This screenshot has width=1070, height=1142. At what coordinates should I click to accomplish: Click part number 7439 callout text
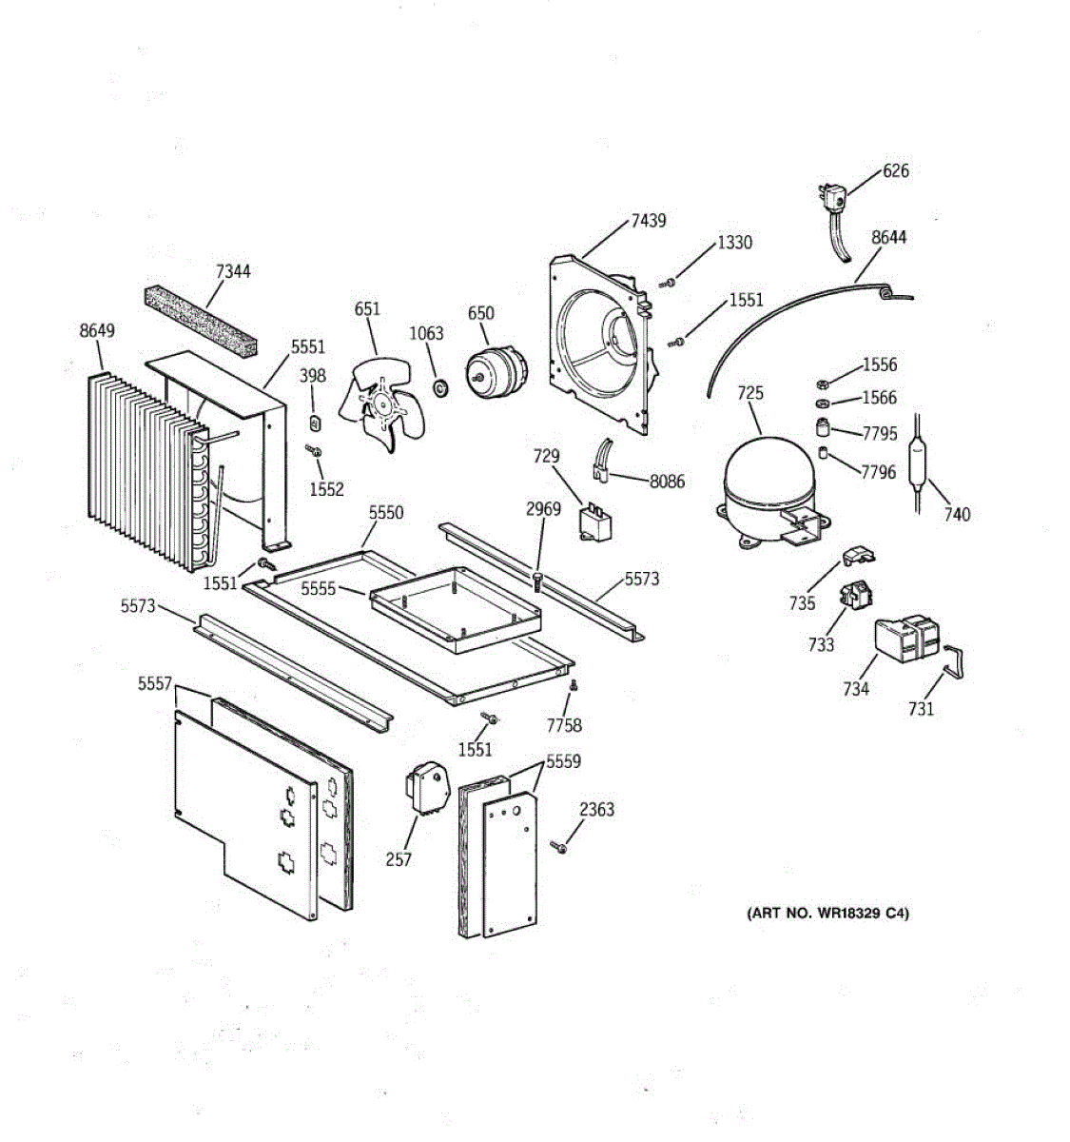point(648,221)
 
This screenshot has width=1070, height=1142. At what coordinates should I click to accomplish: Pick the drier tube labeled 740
point(919,463)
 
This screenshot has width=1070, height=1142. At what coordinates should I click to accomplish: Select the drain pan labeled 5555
point(456,609)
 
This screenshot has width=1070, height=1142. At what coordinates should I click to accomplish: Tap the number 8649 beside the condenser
point(97,330)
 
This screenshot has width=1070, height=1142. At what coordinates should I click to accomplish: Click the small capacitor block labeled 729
point(595,522)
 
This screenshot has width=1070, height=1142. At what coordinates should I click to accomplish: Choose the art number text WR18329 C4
point(827,914)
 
